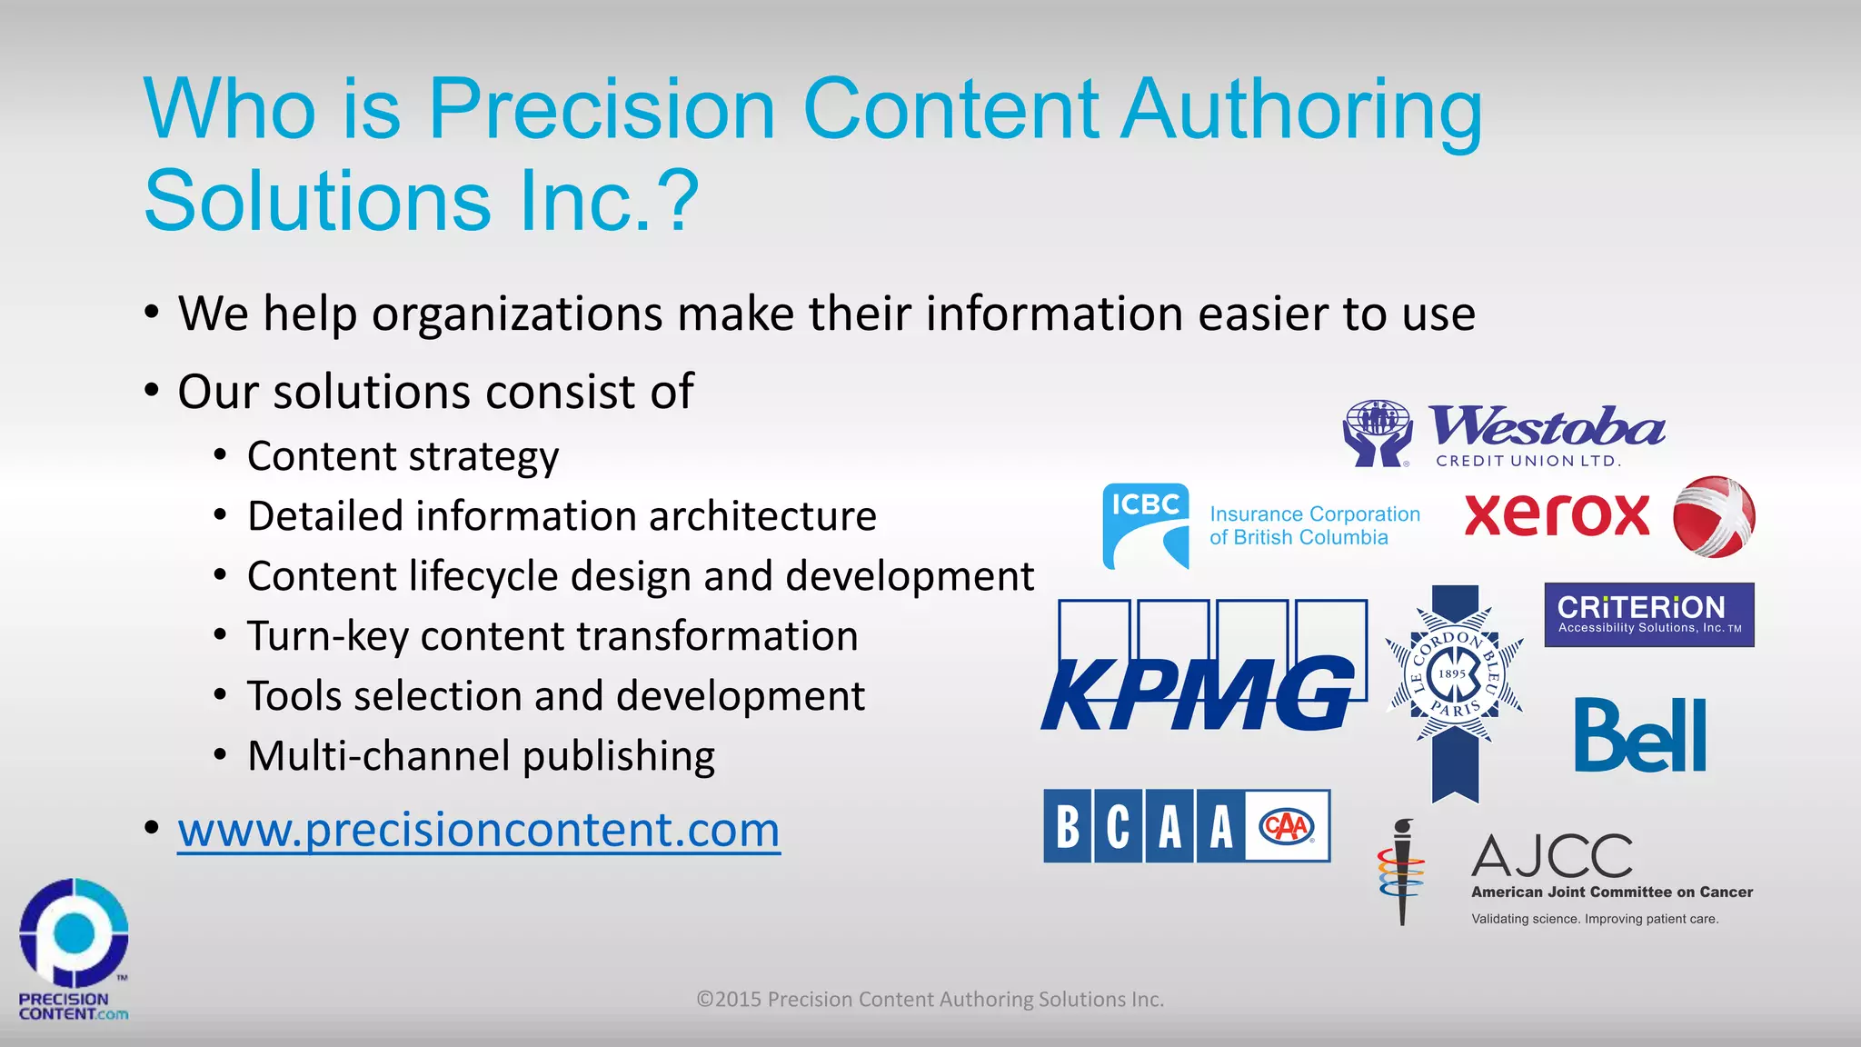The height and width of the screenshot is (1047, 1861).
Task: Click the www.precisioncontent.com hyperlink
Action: pyautogui.click(x=479, y=830)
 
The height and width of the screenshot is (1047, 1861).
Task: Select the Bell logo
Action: pyautogui.click(x=1640, y=736)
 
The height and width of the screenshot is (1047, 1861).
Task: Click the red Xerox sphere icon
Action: pyautogui.click(x=1714, y=516)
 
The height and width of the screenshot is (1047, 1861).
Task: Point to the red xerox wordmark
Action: pyautogui.click(x=1557, y=515)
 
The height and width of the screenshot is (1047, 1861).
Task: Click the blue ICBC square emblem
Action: pyautogui.click(x=1146, y=526)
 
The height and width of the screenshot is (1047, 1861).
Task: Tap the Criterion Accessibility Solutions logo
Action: pyautogui.click(x=1649, y=614)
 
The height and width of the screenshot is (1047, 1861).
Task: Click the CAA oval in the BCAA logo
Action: pyautogui.click(x=1287, y=826)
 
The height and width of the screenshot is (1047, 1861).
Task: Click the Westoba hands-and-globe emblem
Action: pyautogui.click(x=1378, y=433)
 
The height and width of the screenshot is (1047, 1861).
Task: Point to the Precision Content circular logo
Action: pyautogui.click(x=74, y=932)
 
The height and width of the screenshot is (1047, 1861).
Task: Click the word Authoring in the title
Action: pyautogui.click(x=1301, y=111)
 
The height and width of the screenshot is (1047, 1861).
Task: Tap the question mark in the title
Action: pyautogui.click(x=680, y=201)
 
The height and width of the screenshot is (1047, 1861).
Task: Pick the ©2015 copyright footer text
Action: pyautogui.click(x=930, y=999)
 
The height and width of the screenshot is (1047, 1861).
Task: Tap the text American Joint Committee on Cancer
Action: pyautogui.click(x=1612, y=892)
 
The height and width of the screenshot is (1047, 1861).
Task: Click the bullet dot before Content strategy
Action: pyautogui.click(x=220, y=455)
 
